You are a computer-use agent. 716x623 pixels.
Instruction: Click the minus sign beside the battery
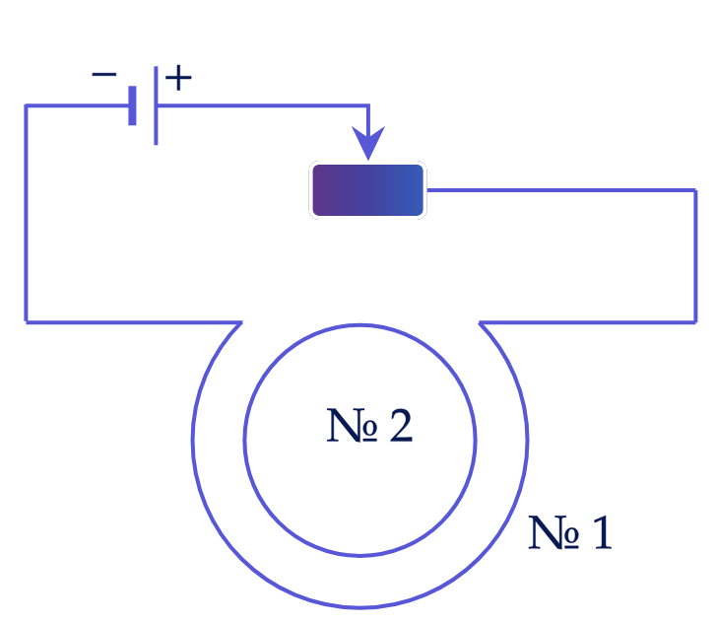[x=104, y=74]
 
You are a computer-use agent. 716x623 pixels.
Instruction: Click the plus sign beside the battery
[x=178, y=78]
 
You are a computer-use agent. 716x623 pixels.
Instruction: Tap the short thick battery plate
[x=132, y=105]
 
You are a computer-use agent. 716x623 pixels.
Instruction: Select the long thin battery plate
[x=157, y=105]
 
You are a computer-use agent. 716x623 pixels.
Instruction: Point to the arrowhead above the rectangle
[x=368, y=143]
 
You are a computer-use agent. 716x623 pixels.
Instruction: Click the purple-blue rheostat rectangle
[x=368, y=190]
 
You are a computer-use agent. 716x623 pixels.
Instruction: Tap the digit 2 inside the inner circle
[x=401, y=425]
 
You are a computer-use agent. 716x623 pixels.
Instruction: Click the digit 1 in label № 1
[x=603, y=532]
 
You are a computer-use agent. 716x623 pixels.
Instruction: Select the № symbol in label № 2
[x=352, y=425]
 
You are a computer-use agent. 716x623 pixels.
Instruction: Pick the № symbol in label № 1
[x=553, y=532]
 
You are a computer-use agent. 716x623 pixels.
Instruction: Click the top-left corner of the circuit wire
[x=26, y=105]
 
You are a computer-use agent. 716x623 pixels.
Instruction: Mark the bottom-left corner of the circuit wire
[x=26, y=322]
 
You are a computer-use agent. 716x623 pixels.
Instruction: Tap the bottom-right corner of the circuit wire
[x=695, y=322]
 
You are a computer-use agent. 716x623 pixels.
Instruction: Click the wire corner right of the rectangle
[x=695, y=190]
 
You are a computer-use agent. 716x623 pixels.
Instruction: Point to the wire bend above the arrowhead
[x=368, y=105]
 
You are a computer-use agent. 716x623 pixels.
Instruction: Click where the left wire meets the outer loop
[x=241, y=322]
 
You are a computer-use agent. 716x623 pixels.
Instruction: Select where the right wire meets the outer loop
[x=480, y=322]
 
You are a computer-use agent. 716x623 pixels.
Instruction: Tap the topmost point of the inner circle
[x=359, y=325]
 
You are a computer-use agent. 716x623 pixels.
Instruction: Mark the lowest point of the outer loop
[x=359, y=607]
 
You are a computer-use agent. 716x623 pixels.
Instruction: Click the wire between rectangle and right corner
[x=561, y=190]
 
